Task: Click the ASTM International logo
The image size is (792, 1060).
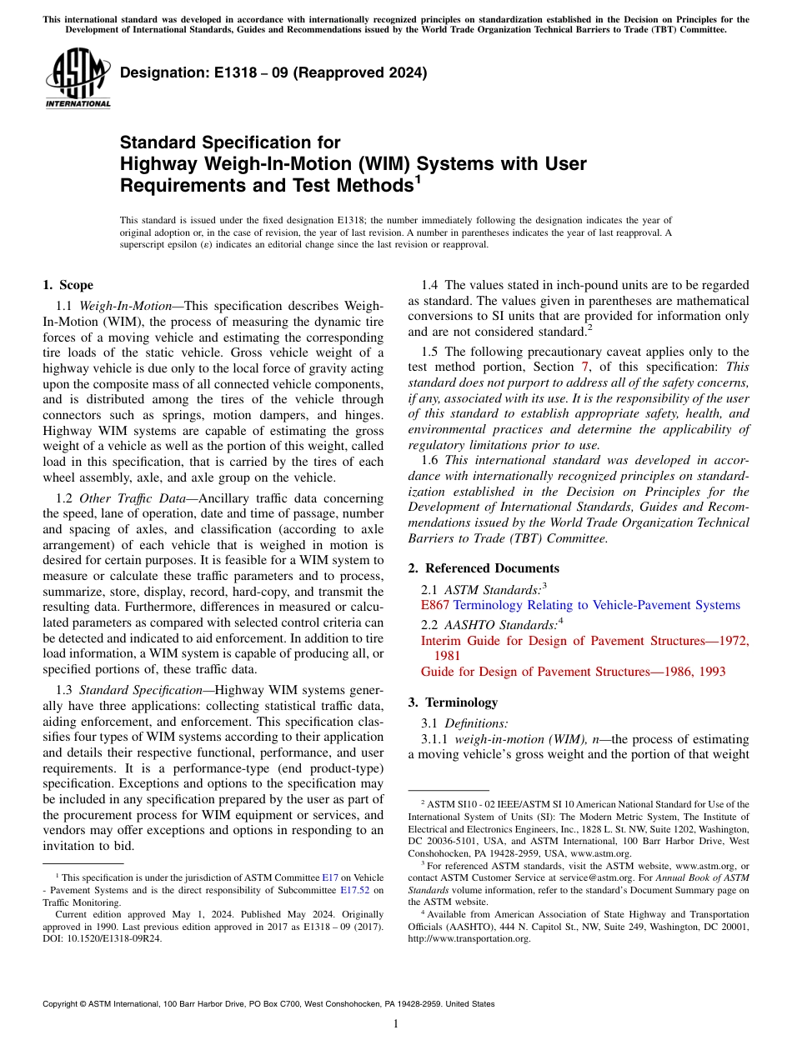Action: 78,78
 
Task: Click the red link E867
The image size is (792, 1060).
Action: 435,605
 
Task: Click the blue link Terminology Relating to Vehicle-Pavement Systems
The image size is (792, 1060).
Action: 596,605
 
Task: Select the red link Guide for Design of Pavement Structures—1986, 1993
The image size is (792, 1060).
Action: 573,672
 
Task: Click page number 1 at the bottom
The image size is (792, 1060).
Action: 396,1024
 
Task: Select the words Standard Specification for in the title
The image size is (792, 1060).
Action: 230,143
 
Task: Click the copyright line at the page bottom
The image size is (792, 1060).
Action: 268,1004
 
